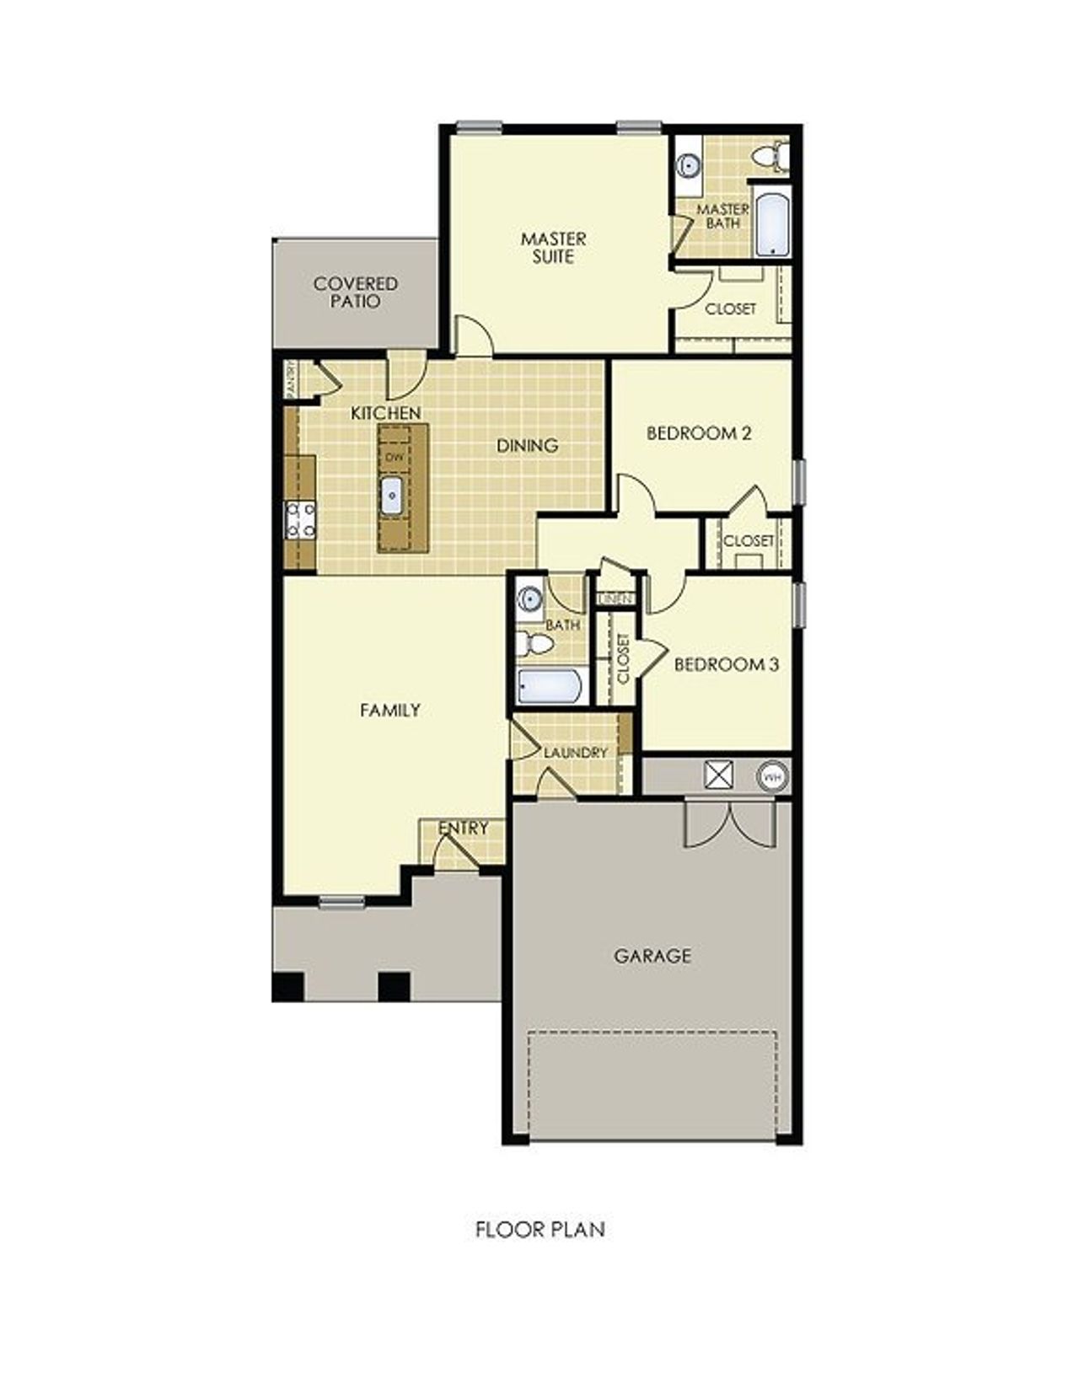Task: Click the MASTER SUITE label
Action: click(553, 248)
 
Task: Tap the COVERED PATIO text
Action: click(355, 292)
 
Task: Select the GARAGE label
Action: click(652, 956)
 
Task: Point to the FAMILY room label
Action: click(389, 711)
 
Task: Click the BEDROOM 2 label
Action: click(699, 433)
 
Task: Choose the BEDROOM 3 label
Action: click(726, 664)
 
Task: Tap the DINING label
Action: click(527, 445)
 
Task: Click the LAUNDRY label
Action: click(576, 753)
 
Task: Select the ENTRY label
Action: click(463, 829)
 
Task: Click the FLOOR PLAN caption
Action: click(539, 1230)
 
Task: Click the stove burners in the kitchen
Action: click(300, 519)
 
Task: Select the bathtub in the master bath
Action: click(772, 225)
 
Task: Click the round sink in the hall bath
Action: click(529, 599)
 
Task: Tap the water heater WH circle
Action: click(772, 775)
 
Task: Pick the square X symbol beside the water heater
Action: click(718, 775)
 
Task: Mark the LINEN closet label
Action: click(615, 599)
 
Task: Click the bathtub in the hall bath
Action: click(551, 685)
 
